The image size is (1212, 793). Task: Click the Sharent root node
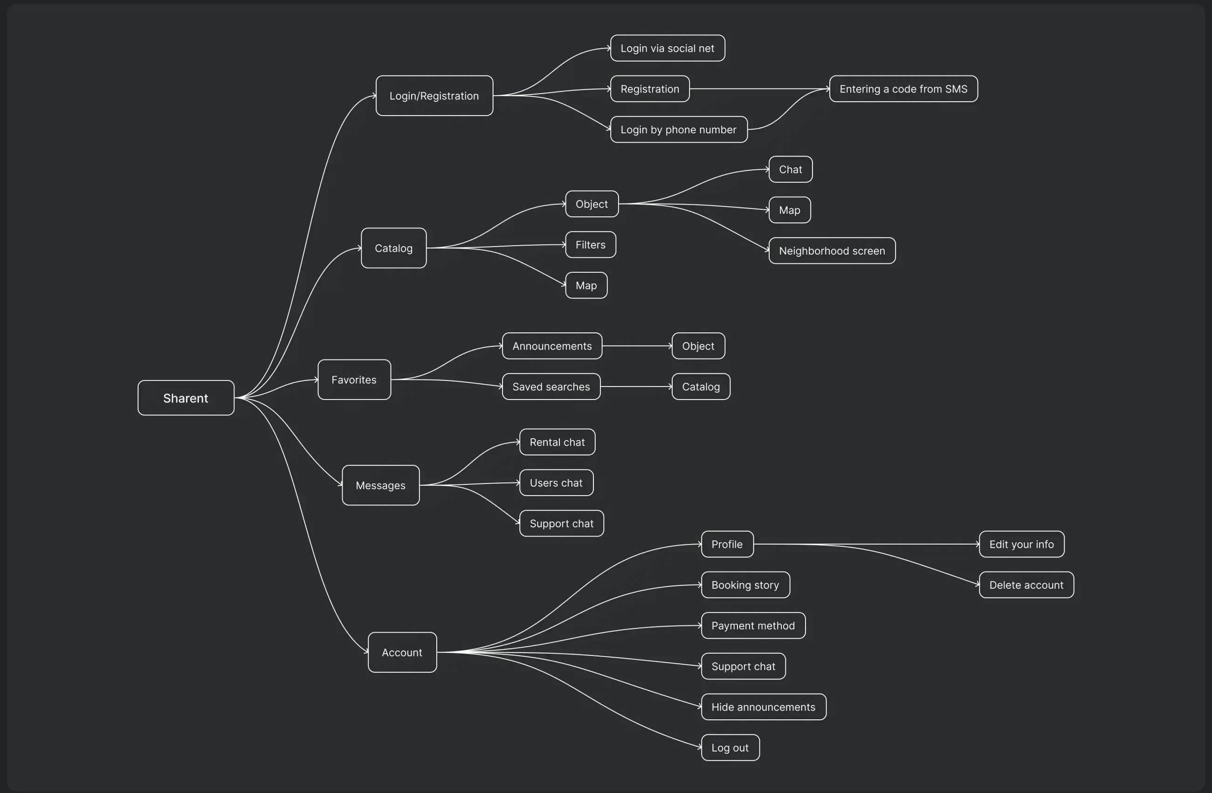pos(186,398)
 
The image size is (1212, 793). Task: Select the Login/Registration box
pos(434,96)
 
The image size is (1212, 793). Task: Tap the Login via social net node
pos(668,48)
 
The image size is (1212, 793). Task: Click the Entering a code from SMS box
pos(903,89)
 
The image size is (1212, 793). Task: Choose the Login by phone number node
pos(679,130)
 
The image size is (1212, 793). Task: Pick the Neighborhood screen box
pos(832,251)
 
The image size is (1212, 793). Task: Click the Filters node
pos(591,245)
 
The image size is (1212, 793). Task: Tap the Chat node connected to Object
pos(790,170)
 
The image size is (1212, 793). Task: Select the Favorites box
pos(354,380)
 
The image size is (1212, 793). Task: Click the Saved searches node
pos(551,386)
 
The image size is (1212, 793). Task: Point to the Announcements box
pos(552,346)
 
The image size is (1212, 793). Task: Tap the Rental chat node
pos(557,442)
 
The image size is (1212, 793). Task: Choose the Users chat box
pos(557,483)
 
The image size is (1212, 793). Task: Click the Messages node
pos(381,485)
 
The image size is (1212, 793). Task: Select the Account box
pos(402,652)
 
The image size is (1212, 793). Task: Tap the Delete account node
pos(1026,585)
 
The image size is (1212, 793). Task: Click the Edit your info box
pos(1021,545)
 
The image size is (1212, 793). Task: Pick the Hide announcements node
pos(764,707)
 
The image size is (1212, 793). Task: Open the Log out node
pos(730,748)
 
